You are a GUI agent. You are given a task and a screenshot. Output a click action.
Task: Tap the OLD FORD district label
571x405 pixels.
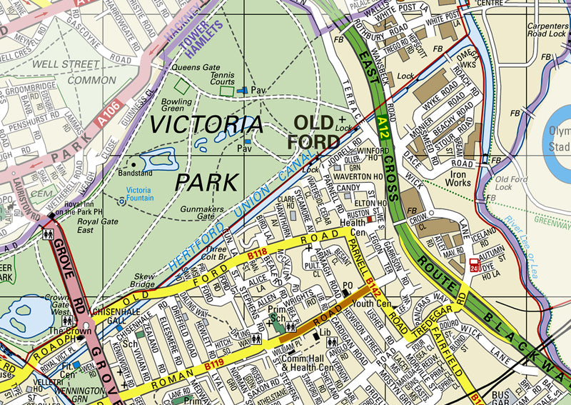click(314, 131)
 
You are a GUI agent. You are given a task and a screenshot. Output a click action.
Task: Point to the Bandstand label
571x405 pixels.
click(136, 174)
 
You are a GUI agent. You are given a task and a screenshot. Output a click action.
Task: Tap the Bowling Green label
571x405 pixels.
click(176, 106)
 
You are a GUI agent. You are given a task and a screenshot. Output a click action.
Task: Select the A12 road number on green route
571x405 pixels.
click(383, 129)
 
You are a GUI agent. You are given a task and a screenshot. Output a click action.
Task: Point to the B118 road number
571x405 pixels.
click(256, 254)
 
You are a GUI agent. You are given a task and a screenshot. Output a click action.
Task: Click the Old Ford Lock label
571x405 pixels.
click(512, 184)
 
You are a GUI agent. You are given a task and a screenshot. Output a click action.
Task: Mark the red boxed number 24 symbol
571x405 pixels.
click(474, 269)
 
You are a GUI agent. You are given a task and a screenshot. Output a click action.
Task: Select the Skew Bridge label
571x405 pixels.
click(143, 280)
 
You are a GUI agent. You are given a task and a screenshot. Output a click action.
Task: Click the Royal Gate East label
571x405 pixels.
click(95, 226)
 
